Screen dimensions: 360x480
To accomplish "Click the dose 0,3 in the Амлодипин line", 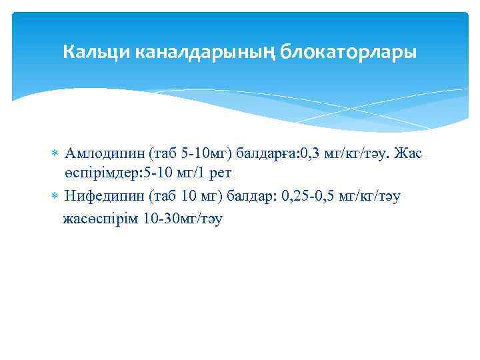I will click(313, 155).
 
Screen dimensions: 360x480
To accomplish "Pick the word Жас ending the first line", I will click(408, 155).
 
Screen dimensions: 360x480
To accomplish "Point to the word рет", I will click(219, 174).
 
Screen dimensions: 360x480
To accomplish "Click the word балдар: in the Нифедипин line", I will click(251, 196).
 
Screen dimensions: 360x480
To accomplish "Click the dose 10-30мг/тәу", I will click(182, 218).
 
